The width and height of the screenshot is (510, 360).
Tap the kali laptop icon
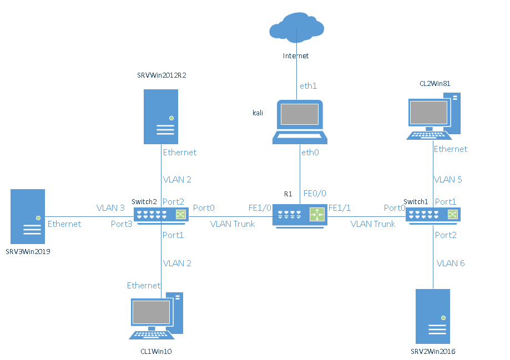tap(300, 121)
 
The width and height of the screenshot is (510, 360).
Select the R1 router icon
tap(300, 215)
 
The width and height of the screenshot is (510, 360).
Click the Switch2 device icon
tap(161, 215)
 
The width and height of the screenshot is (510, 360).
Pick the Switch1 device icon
tap(433, 215)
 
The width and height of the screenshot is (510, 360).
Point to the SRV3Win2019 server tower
tap(28, 217)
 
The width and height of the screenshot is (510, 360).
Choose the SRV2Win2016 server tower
tap(433, 317)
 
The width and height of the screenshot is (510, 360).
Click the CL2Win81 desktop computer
tap(433, 117)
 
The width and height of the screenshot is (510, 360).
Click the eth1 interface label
tap(308, 86)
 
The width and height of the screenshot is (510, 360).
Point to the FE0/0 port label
tap(315, 193)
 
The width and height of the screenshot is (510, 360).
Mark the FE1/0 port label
tap(260, 208)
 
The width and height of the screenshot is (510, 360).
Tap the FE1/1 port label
tap(340, 208)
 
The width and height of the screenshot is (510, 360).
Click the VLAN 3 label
tap(110, 208)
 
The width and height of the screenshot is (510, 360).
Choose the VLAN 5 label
tap(448, 180)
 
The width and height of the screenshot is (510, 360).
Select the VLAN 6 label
tap(451, 263)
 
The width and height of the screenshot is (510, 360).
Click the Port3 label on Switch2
tap(122, 224)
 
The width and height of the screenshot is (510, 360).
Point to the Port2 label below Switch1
tap(446, 235)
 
